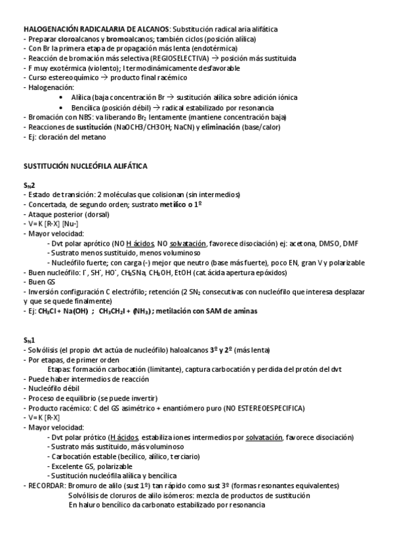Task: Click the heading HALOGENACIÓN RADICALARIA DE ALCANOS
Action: [96, 30]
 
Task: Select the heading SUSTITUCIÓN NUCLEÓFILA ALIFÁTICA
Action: [85, 167]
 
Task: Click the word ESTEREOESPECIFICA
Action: [269, 408]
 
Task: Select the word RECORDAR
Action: [46, 485]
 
